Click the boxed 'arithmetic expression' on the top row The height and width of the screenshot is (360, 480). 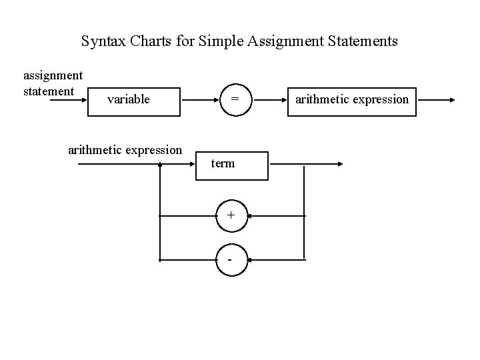[x=351, y=101]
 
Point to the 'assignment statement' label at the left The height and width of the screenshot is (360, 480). [x=53, y=83]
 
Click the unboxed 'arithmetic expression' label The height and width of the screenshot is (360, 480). [x=125, y=150]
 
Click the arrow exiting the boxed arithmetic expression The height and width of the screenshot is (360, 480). [x=436, y=101]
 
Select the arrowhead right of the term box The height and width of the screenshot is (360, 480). [x=339, y=164]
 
